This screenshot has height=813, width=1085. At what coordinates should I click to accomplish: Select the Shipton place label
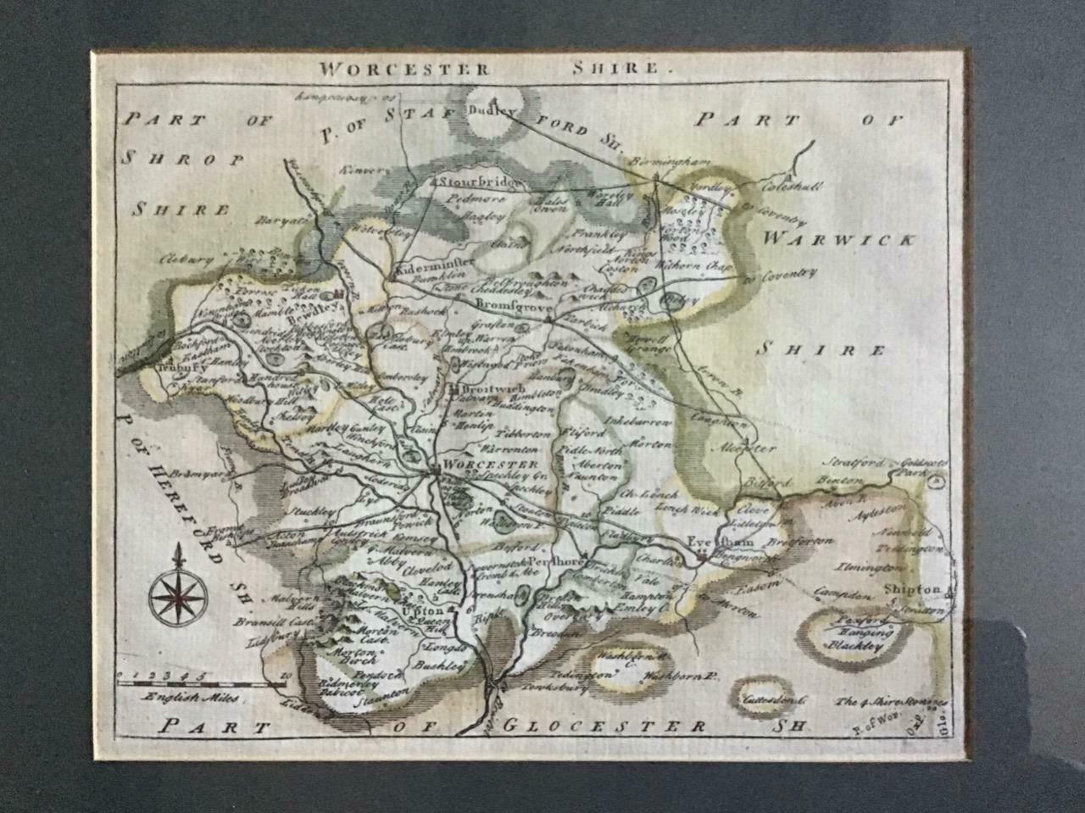(911, 588)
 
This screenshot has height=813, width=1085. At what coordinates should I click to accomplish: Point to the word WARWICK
(837, 240)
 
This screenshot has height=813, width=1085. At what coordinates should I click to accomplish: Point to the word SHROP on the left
(183, 159)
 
